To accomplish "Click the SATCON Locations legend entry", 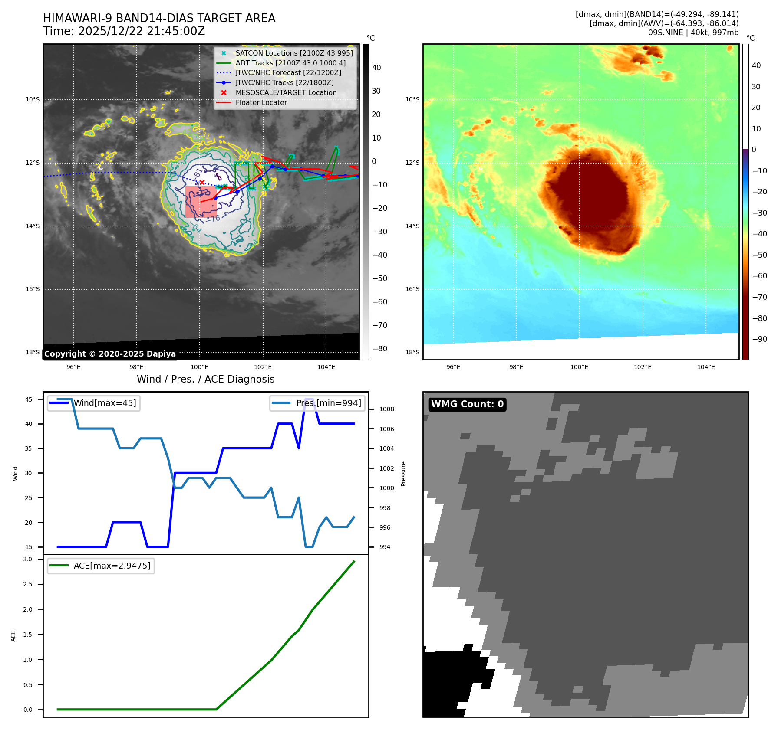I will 294,53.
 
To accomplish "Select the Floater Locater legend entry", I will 261,103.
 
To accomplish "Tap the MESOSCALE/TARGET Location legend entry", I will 286,93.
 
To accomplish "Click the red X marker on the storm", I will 202,183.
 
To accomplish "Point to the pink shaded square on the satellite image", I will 201,202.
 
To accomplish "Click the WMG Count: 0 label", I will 467,404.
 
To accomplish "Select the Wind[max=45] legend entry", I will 105,403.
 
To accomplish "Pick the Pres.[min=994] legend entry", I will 328,403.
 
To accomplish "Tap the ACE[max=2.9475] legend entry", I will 112,566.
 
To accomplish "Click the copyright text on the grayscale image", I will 110,354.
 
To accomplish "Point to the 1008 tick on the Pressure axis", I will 386,409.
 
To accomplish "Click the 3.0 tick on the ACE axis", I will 28,560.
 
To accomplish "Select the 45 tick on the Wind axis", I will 29,399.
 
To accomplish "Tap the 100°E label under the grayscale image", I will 200,367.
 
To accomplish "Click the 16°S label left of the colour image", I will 412,289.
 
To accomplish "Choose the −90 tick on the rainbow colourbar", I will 759,339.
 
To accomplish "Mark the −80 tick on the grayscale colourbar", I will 379,349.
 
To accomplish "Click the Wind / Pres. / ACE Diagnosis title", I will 205,380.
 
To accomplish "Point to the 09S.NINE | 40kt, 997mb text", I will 693,33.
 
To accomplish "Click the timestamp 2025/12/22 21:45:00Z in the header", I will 141,32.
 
